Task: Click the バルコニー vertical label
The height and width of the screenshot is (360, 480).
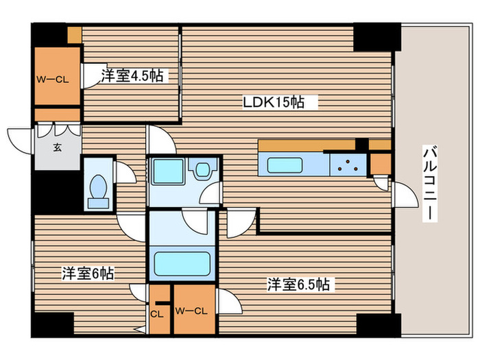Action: coord(430,182)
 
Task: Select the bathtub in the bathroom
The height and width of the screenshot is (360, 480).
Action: coord(182,263)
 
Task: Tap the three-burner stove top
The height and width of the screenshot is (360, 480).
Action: coord(350,165)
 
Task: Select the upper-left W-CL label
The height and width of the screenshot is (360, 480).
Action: coord(52,79)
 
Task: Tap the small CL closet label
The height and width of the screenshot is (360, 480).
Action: coord(158,314)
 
